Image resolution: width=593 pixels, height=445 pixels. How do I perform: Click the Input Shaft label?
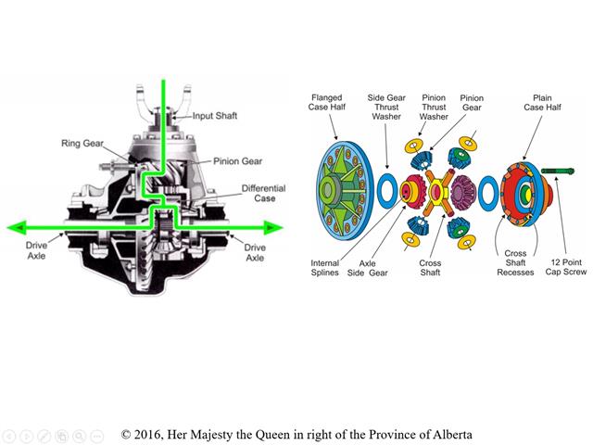pos(215,116)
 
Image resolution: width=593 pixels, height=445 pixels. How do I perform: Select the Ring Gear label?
pos(82,144)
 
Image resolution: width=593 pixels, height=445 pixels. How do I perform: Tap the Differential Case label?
pos(263,194)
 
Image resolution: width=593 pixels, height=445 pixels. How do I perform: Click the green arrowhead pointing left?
pos(17,227)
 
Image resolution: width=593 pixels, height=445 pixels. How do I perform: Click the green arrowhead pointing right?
pos(273,227)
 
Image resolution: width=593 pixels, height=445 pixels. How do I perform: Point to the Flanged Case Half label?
pos(327,103)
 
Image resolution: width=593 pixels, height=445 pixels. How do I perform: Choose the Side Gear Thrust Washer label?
pos(386,108)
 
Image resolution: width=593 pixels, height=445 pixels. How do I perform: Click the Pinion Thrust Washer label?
pos(434,108)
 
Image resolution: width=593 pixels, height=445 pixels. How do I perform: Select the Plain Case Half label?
pos(542,103)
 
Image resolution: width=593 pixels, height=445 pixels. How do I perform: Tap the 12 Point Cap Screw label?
pos(566,267)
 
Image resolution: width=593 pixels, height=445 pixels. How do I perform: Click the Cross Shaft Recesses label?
pos(515,262)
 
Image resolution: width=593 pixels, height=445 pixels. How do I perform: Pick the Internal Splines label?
pos(324,268)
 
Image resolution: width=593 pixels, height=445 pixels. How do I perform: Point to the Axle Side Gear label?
pos(368,268)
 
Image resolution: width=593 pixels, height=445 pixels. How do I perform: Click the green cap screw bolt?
pos(558,171)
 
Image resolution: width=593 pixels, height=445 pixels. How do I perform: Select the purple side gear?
pos(462,193)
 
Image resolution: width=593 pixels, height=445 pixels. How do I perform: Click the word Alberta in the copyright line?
pos(452,434)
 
